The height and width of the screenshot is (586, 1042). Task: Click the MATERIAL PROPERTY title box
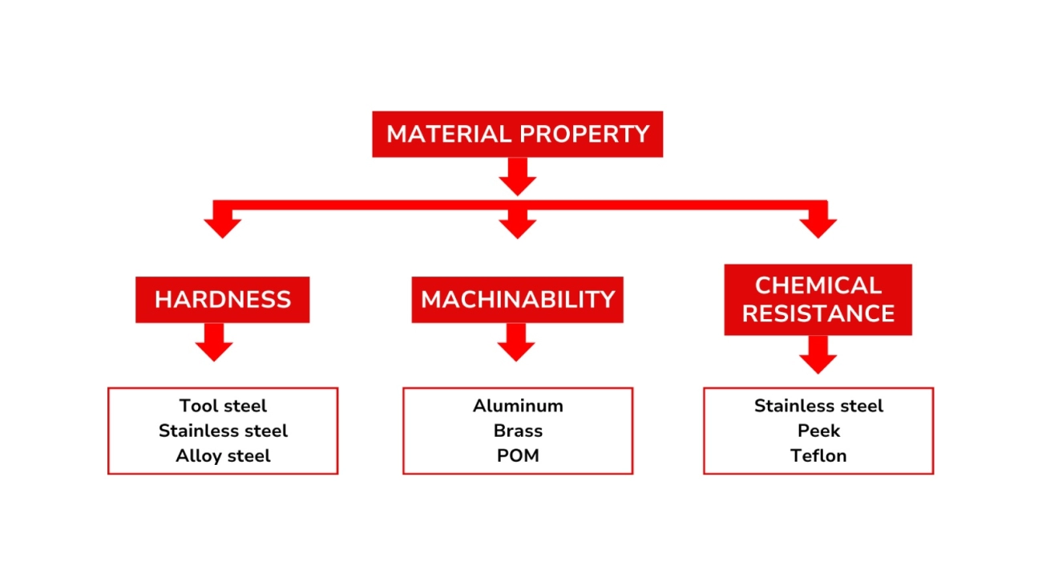coord(517,134)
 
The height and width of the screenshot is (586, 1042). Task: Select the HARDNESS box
coord(222,300)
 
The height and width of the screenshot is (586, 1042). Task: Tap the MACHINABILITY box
coord(517,300)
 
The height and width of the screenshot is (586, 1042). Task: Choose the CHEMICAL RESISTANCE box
coord(818,299)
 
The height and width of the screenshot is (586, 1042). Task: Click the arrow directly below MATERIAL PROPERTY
coord(517,176)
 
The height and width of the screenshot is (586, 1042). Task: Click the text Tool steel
coord(223,406)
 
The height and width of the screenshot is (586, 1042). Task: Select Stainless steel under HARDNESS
coord(223,430)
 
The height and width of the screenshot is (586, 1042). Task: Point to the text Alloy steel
coord(223,455)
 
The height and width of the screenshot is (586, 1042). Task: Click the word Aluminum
coord(518,406)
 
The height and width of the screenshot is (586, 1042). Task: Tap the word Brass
coord(518,430)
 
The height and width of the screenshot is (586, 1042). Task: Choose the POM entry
coord(518,455)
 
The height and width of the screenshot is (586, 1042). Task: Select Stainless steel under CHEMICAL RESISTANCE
coord(818,406)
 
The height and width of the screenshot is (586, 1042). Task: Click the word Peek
coord(818,430)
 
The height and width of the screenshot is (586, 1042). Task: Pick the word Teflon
coord(818,455)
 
